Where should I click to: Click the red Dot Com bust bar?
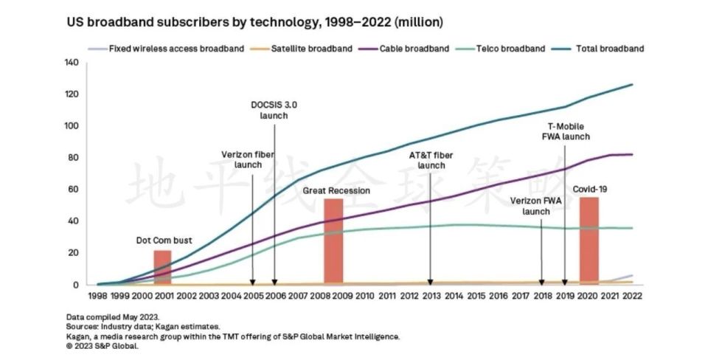pos(162,267)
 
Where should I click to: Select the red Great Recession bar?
pos(333,240)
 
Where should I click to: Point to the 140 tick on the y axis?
pos(71,63)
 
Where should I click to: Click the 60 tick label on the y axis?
pos(73,190)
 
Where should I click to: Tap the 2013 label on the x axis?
pos(430,296)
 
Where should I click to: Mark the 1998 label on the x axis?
pos(98,296)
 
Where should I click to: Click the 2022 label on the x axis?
pos(632,296)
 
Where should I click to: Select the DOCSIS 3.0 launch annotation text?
pos(274,110)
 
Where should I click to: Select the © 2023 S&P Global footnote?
pos(103,345)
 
